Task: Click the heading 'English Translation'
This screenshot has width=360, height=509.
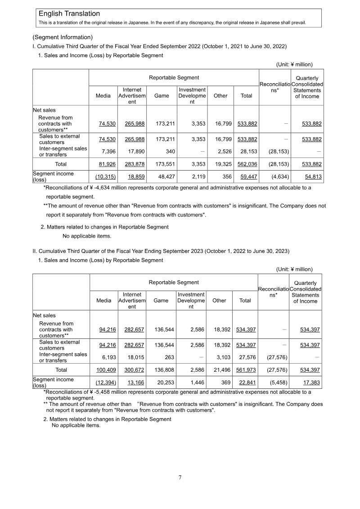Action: [69, 14]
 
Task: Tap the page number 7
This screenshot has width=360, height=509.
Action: [180, 477]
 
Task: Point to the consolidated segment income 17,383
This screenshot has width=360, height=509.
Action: [310, 382]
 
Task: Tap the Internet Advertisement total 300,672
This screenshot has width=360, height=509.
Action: [135, 369]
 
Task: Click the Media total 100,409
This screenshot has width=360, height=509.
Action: [106, 369]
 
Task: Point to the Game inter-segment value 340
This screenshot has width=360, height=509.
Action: [171, 152]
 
